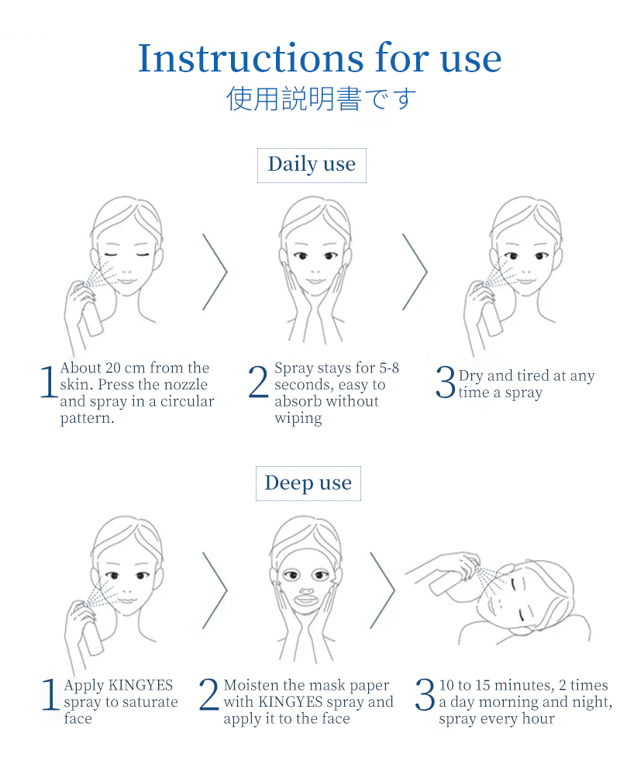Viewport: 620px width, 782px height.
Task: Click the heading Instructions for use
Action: click(319, 58)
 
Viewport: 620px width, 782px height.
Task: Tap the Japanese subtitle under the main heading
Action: click(321, 99)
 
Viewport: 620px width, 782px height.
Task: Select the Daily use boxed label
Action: click(312, 165)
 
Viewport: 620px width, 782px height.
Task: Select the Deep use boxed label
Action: click(308, 483)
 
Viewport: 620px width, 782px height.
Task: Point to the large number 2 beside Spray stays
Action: click(258, 382)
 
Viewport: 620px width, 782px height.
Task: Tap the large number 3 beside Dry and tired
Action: click(446, 382)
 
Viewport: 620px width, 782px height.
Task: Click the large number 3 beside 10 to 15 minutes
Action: click(425, 694)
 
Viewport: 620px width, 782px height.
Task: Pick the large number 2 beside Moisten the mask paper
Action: click(208, 694)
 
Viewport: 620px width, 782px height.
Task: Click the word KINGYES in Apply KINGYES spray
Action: click(140, 685)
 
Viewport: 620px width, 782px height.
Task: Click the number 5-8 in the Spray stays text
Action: click(389, 368)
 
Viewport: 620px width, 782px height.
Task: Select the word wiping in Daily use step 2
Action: click(298, 418)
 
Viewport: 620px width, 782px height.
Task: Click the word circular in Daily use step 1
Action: click(187, 402)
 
